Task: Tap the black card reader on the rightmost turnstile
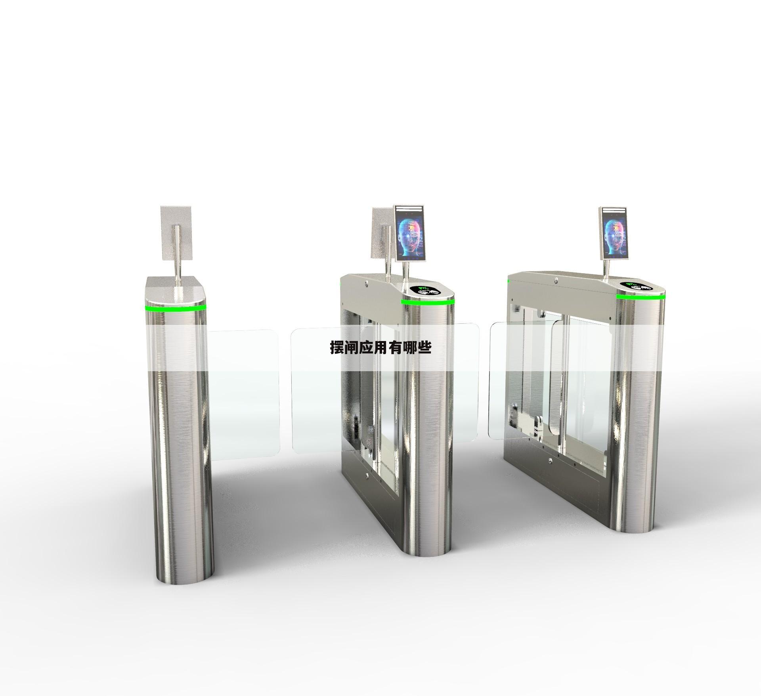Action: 637,285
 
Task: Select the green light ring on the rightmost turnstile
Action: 641,297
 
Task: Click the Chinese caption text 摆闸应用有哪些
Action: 381,348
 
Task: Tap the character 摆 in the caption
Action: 337,348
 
